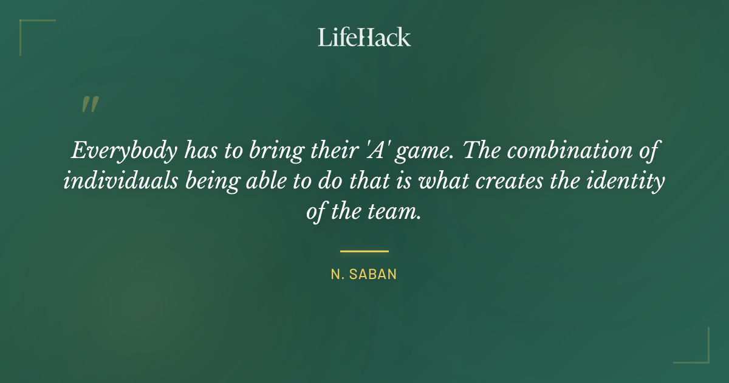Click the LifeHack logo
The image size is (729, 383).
point(364,37)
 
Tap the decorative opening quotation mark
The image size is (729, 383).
point(89,105)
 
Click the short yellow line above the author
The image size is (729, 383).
point(364,250)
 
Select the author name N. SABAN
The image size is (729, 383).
point(364,274)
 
